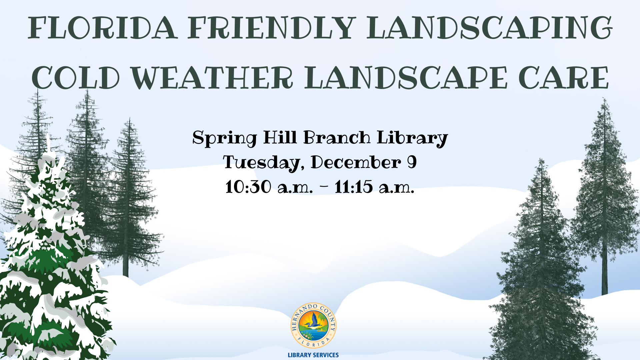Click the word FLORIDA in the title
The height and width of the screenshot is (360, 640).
click(103, 28)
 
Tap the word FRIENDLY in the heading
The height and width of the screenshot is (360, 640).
click(272, 28)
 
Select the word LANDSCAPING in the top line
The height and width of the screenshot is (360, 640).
click(489, 28)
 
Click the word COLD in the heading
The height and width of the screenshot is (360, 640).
click(76, 78)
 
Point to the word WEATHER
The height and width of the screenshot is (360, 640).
click(212, 78)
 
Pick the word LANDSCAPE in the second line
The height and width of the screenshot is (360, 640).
click(406, 78)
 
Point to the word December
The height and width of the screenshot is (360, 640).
click(356, 162)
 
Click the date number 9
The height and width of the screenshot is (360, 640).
click(412, 162)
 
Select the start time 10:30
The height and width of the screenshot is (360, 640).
click(248, 187)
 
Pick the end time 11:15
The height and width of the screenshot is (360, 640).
click(354, 187)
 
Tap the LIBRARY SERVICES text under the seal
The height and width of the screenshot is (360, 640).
click(313, 355)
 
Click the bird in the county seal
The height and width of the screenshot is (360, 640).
click(313, 323)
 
